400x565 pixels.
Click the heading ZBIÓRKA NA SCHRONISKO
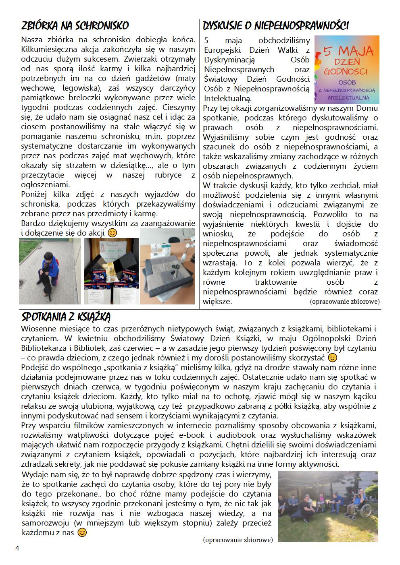[x=75, y=26]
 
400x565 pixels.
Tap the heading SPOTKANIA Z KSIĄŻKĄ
[x=66, y=315]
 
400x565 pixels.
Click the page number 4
[x=17, y=548]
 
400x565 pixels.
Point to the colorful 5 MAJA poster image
[x=347, y=70]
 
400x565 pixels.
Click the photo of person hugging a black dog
[x=50, y=271]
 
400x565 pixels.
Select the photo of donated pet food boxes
[x=111, y=271]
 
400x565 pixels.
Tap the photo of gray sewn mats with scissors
[x=167, y=267]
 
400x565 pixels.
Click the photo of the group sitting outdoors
[x=328, y=506]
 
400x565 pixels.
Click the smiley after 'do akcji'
[x=112, y=233]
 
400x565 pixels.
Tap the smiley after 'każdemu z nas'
[x=82, y=532]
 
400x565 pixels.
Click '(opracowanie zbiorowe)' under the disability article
[x=345, y=301]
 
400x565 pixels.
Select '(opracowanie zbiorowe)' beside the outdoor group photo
[x=238, y=540]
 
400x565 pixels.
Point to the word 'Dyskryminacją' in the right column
[x=229, y=60]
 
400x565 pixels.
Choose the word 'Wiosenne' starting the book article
[x=37, y=328]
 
